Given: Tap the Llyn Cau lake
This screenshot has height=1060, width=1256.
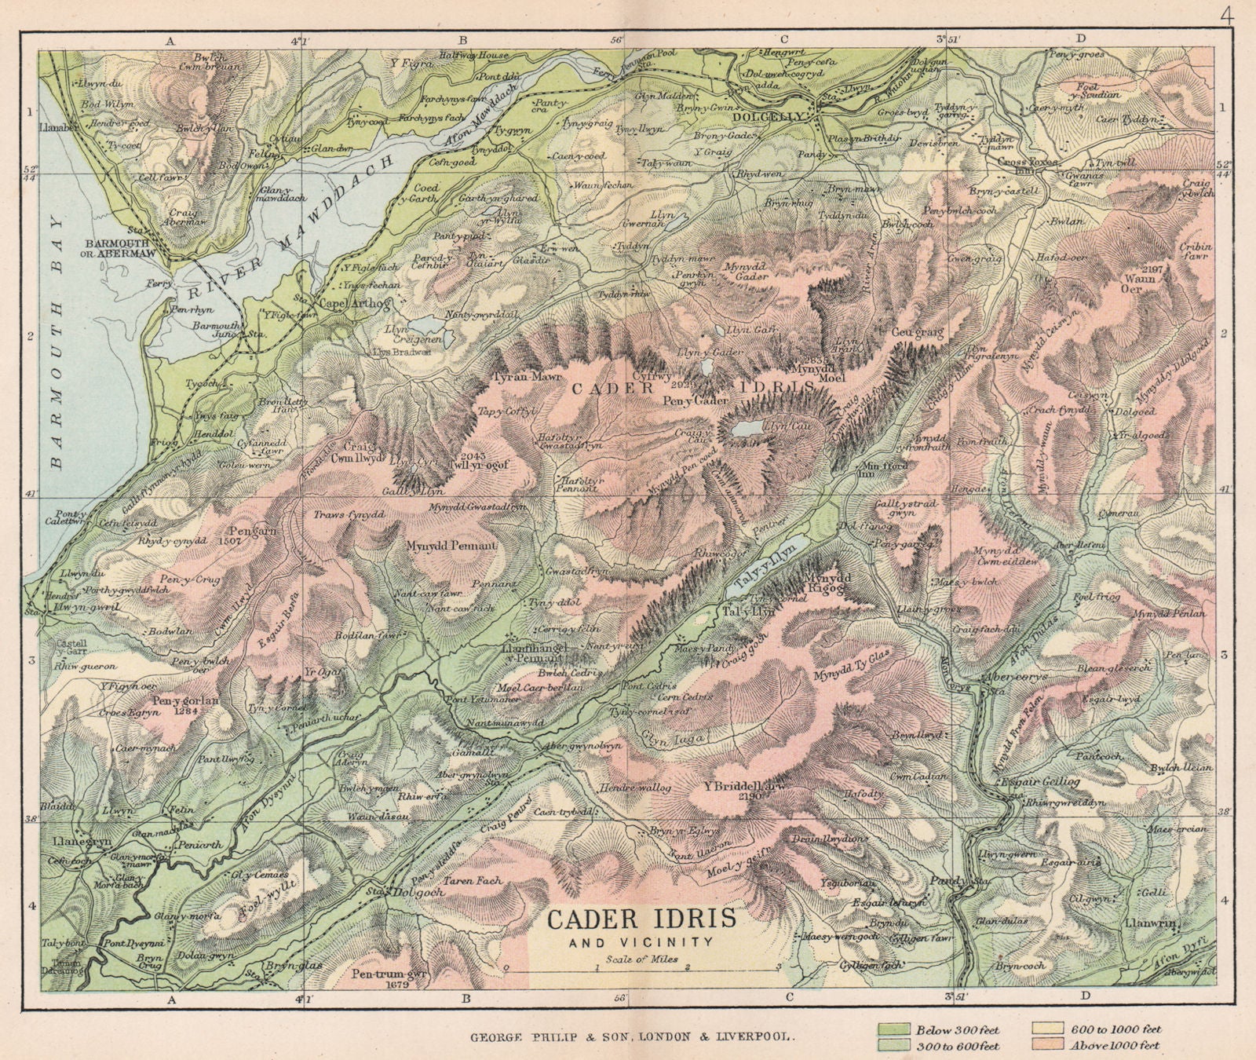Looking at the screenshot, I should [x=748, y=429].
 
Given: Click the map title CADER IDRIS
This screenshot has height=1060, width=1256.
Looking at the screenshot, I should [x=641, y=919].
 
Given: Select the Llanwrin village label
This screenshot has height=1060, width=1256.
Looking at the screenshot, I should [x=1151, y=923].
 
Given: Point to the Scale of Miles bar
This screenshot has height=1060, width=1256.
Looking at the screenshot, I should [x=641, y=967].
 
